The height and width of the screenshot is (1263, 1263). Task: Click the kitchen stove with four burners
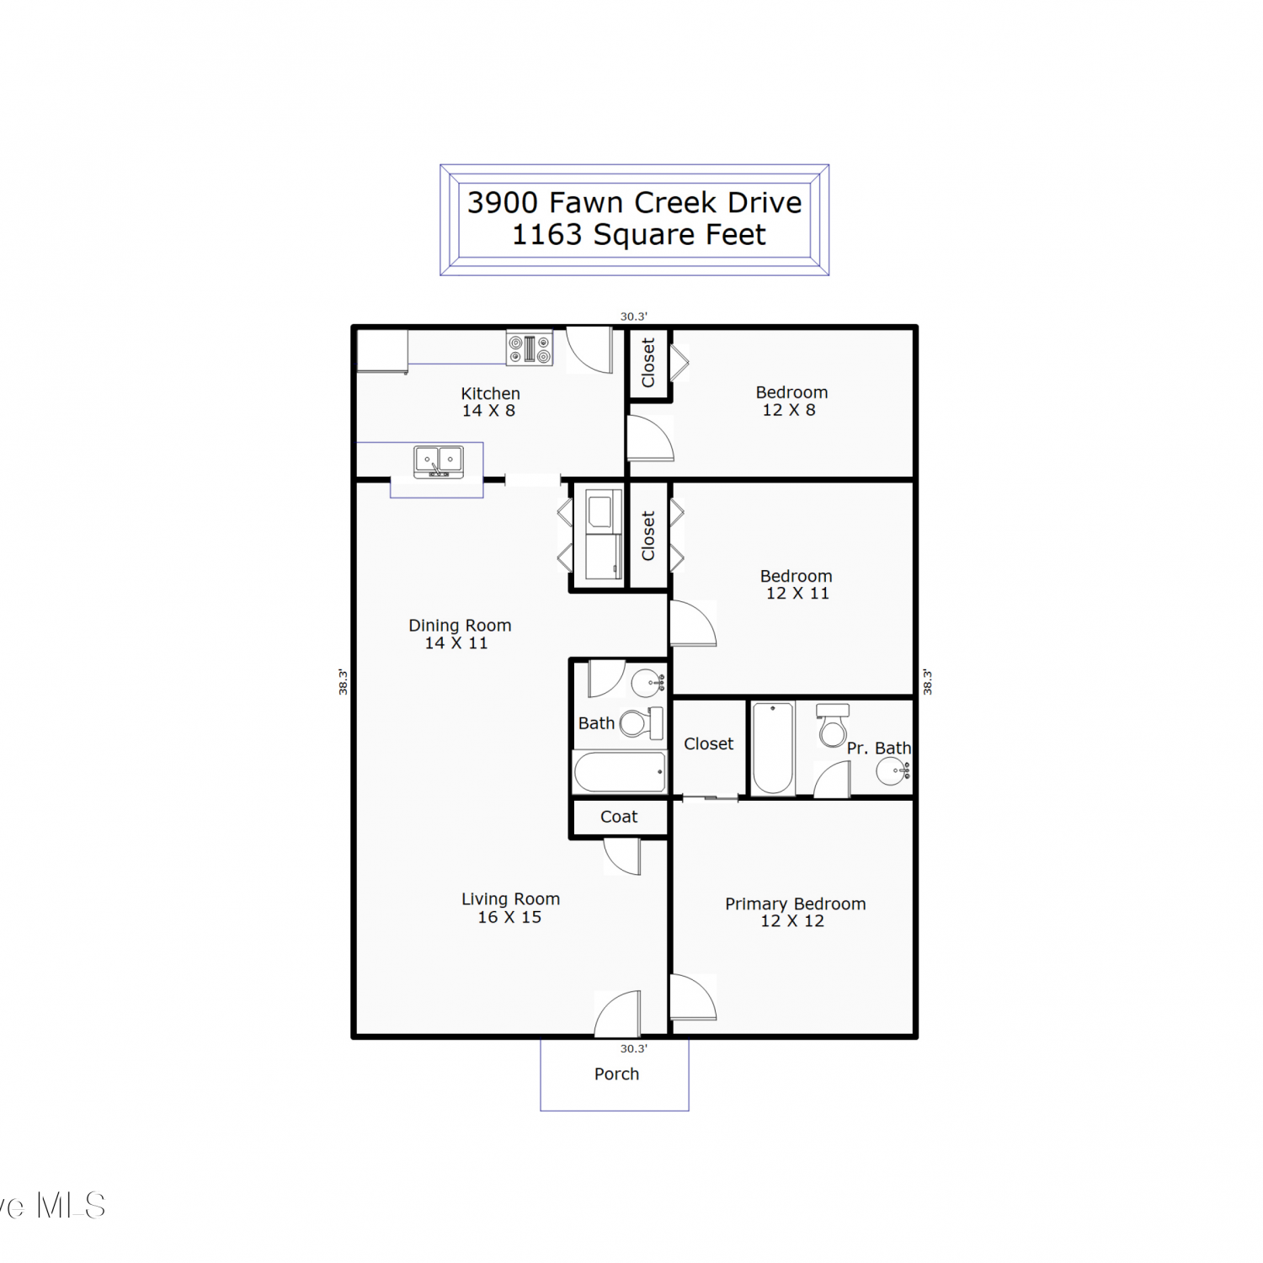click(530, 348)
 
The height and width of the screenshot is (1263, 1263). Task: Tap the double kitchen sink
click(439, 461)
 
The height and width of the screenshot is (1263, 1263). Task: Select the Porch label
click(616, 1074)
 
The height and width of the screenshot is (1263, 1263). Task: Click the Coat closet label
click(619, 817)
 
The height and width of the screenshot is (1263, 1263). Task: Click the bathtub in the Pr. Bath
click(773, 749)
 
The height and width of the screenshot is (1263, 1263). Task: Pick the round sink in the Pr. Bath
click(892, 770)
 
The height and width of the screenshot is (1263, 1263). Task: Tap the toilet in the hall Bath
click(642, 723)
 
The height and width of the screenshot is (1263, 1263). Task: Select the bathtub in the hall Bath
click(620, 772)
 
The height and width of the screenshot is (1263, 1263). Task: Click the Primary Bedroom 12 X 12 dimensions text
click(792, 921)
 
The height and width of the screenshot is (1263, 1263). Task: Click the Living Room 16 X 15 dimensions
click(509, 917)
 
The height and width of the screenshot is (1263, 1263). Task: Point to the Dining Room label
click(460, 626)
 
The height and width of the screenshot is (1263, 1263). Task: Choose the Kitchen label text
click(490, 393)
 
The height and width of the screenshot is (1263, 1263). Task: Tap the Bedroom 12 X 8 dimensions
click(789, 410)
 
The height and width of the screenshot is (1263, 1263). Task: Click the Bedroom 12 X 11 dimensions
click(797, 594)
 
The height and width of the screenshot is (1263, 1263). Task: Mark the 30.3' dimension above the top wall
click(634, 317)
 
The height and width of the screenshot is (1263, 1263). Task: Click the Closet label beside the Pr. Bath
click(708, 743)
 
